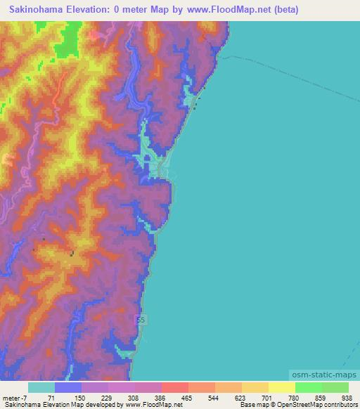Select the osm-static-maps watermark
click(323, 375)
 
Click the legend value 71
click(51, 397)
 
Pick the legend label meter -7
click(14, 397)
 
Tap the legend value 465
click(186, 397)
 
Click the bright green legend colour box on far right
click(335, 387)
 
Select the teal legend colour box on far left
click(41, 387)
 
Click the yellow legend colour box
click(282, 387)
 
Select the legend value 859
click(319, 397)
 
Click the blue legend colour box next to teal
click(68, 387)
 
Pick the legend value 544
click(212, 397)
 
